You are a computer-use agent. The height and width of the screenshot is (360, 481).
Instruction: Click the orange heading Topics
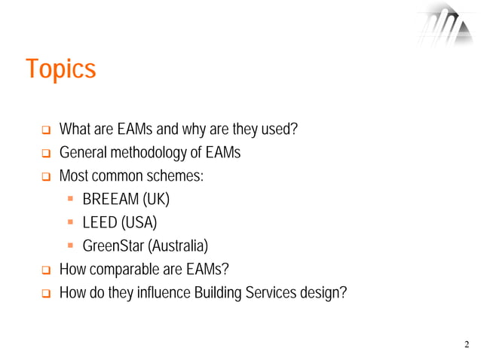pos(61,69)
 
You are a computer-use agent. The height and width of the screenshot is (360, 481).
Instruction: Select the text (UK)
pos(156,200)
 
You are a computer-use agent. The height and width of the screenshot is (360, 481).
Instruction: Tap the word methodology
pos(150,153)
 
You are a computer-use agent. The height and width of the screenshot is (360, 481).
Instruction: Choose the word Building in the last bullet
pos(219,293)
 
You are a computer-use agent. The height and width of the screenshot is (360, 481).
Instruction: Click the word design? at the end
pos(323,293)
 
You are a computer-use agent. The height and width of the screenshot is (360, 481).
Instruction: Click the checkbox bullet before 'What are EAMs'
pos(44,130)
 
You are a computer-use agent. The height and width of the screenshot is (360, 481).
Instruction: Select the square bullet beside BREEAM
pos(69,200)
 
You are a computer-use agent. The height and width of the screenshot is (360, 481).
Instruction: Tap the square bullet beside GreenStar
pos(69,247)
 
